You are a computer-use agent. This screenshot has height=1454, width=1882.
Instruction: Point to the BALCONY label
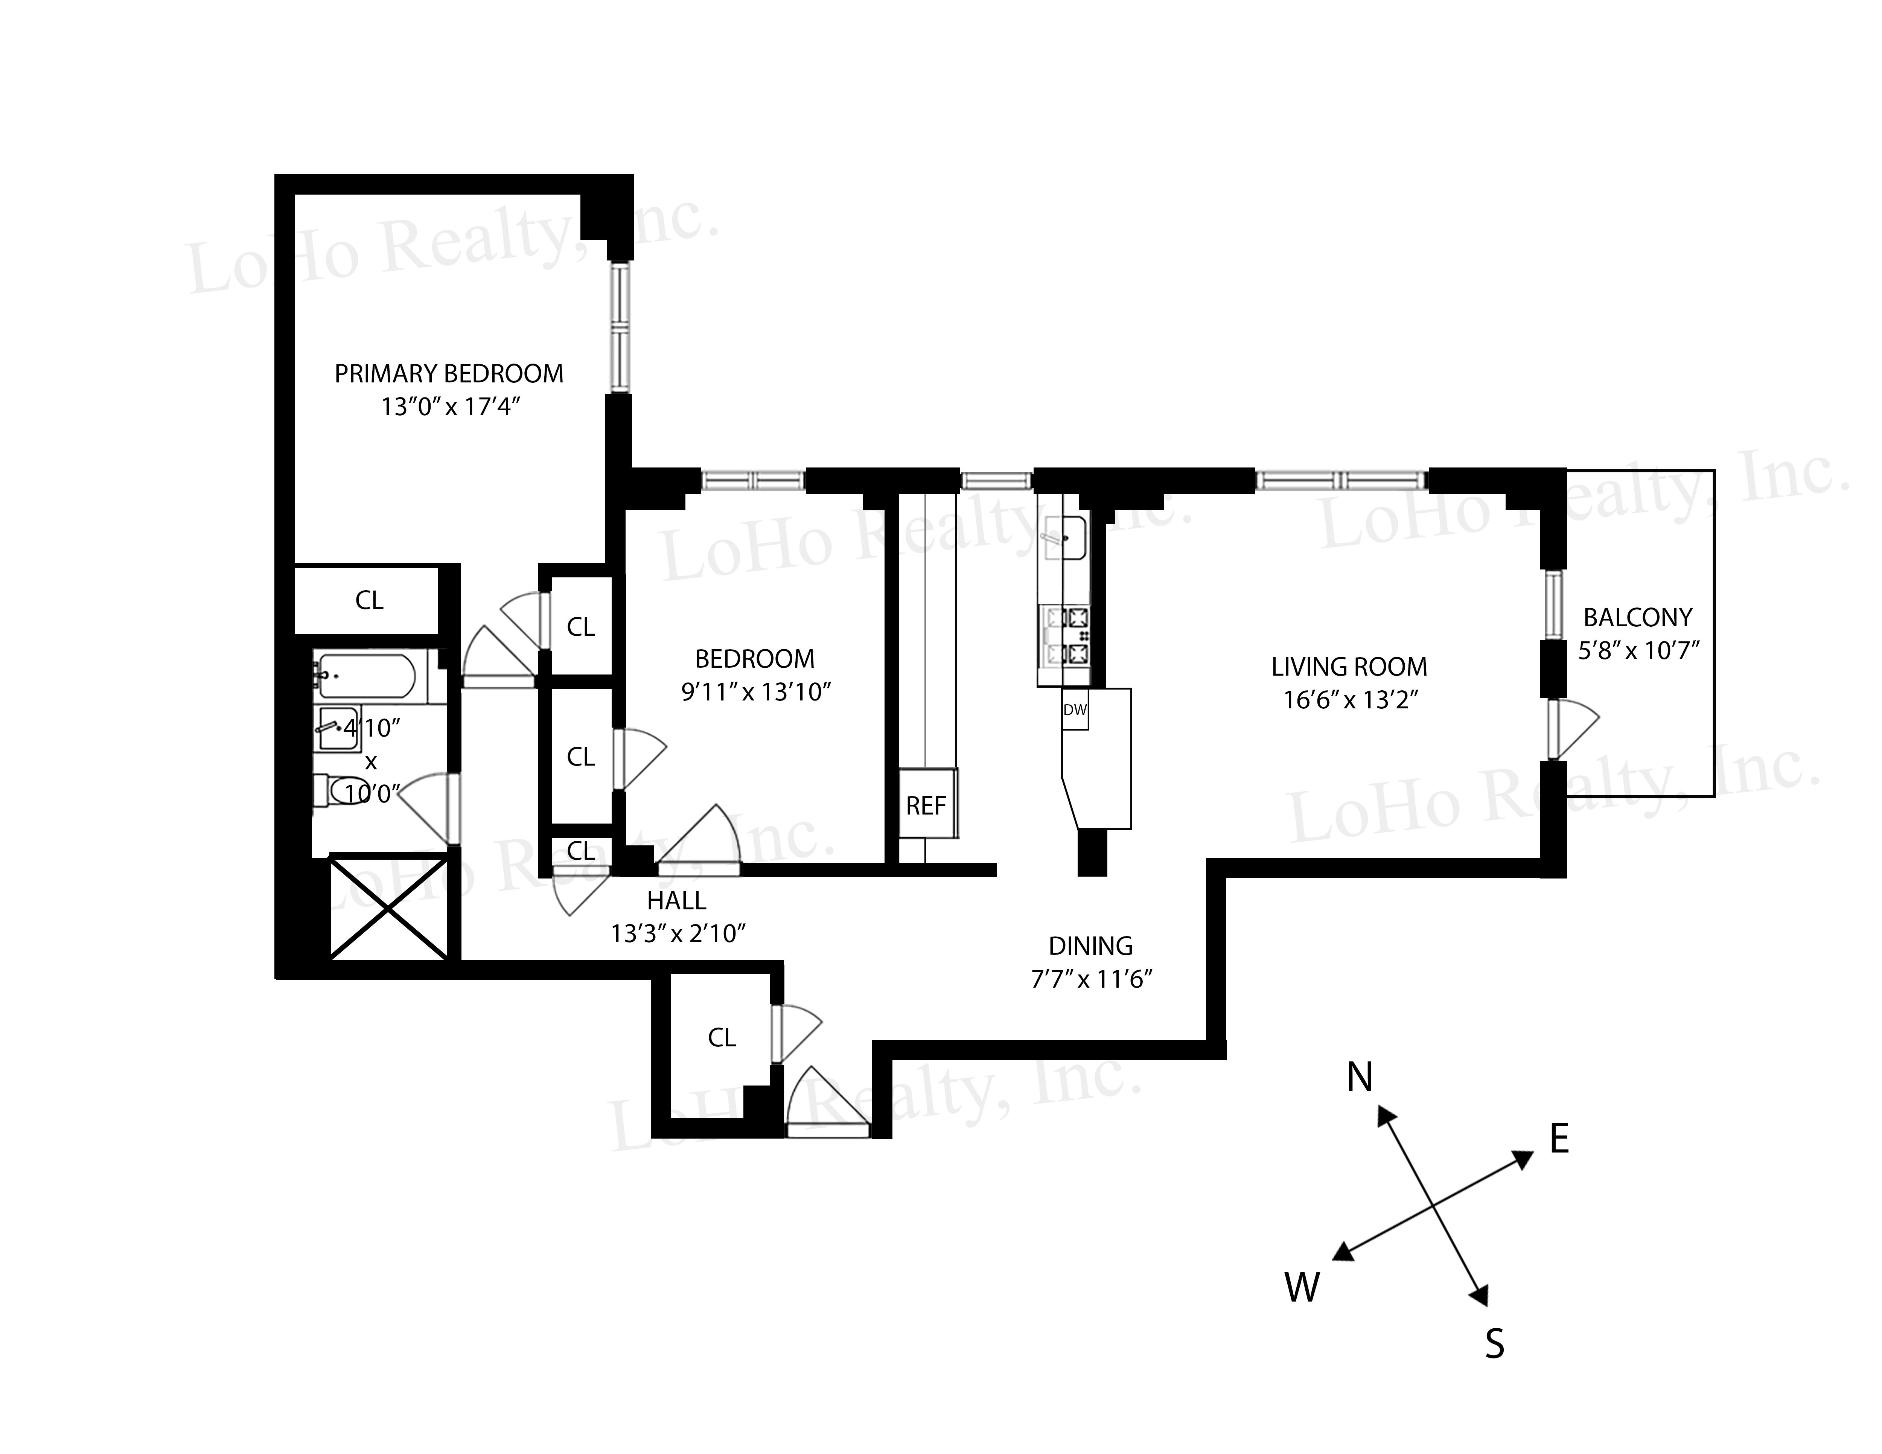[1637, 617]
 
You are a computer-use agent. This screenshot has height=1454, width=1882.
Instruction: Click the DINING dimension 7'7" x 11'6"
[1091, 979]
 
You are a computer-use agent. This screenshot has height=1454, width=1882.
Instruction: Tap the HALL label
[676, 901]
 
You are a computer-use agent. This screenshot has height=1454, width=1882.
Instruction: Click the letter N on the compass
[1359, 1076]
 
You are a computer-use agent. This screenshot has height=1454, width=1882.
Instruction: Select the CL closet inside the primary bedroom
[369, 600]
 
